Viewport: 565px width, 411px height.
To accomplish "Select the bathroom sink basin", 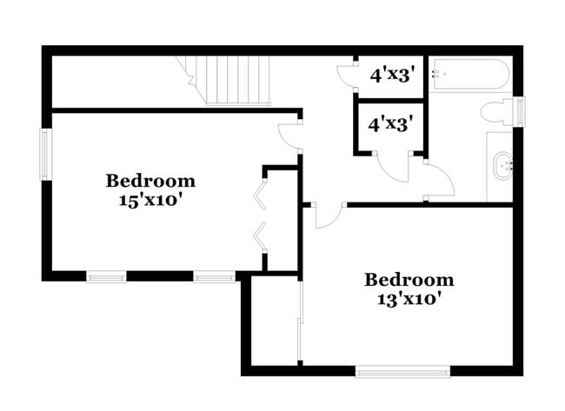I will click(503, 165).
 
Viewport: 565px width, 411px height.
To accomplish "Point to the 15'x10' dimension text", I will click(150, 199).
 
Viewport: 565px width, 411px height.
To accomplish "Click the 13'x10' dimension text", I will click(409, 299).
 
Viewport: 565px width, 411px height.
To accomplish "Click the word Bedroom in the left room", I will click(150, 181).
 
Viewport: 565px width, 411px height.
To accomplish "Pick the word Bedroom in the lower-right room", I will click(409, 280).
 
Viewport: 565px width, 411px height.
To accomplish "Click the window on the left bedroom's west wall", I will click(46, 154).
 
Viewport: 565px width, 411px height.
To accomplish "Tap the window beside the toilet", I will click(521, 110).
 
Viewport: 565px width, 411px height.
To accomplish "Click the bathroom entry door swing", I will click(437, 180).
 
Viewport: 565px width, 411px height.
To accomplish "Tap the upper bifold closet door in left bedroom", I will click(259, 196).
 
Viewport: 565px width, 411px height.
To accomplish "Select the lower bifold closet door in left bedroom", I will click(259, 236).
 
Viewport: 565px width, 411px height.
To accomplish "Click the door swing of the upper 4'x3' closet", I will click(346, 76).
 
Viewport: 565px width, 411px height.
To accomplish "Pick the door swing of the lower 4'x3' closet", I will click(393, 167).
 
